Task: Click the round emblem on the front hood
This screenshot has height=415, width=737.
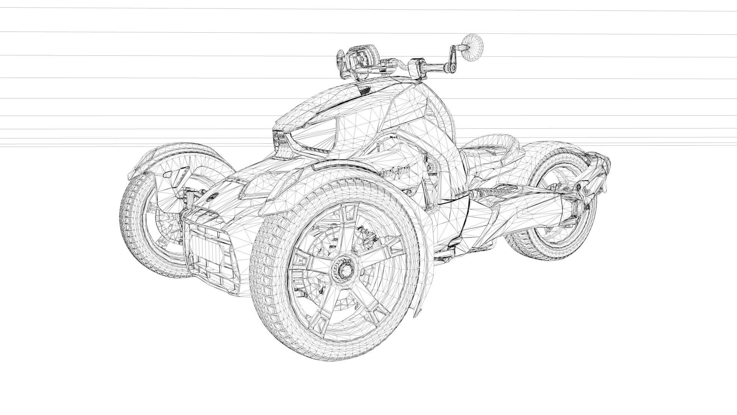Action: (212, 197)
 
